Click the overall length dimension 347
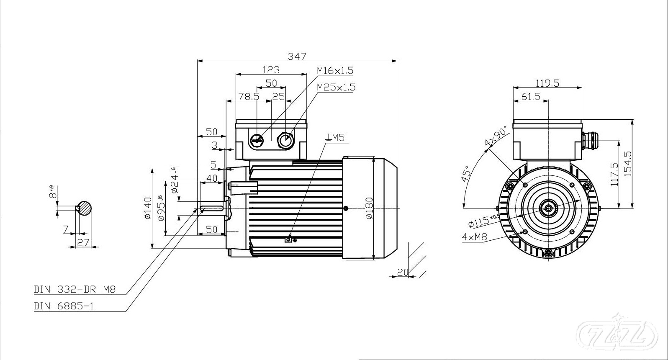coord(297,56)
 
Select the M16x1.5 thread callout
coord(335,71)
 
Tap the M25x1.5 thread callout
coord(336,87)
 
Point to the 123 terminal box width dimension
coord(271,70)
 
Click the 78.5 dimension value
coord(249,96)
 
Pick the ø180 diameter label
coord(369,208)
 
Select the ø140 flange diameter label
coord(148,208)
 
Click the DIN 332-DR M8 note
coord(75,289)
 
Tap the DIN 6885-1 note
coord(64,306)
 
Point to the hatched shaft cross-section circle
coord(84,208)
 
